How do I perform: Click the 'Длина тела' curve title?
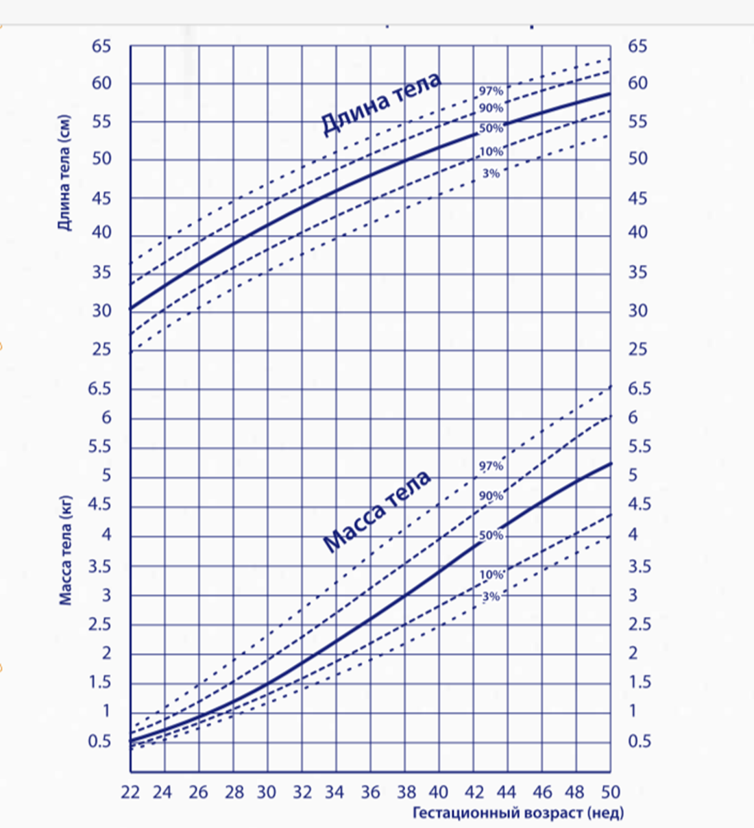[x=381, y=104]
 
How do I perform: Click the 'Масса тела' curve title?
[x=376, y=510]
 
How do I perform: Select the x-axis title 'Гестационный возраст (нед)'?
[x=518, y=813]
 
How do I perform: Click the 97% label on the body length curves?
[x=491, y=91]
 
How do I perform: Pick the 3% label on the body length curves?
[x=491, y=174]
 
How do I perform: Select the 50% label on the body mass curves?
[x=491, y=536]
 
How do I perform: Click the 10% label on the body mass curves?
[x=491, y=575]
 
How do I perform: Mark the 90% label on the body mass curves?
[x=491, y=496]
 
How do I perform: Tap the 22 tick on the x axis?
[x=130, y=792]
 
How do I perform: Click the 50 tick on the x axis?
[x=610, y=792]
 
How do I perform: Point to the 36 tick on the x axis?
[x=370, y=792]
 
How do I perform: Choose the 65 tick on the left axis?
[x=101, y=47]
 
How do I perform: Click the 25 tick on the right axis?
[x=637, y=349]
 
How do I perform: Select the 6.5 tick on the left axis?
[x=98, y=388]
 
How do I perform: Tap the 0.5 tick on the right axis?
[x=640, y=741]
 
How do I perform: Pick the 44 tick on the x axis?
[x=507, y=792]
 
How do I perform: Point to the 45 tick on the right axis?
[x=637, y=199]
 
